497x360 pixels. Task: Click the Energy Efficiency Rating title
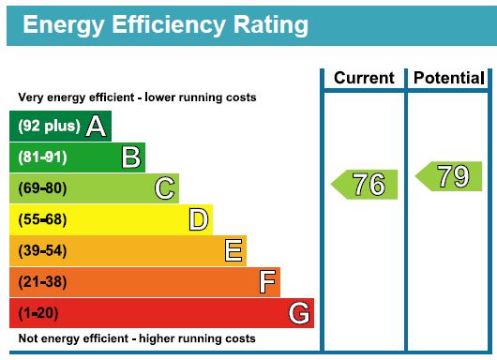coord(165,26)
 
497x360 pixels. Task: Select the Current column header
coord(364,78)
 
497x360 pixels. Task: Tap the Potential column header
coord(449,78)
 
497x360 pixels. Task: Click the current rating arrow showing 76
coord(364,185)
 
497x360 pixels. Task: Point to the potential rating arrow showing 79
coord(449,176)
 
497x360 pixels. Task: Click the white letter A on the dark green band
coord(96,127)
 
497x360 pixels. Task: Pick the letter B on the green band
coord(131,157)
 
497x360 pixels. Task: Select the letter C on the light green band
coord(164,188)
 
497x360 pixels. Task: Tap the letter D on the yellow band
coord(199,219)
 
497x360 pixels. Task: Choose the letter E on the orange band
coord(233,250)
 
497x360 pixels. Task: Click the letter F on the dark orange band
coord(267,282)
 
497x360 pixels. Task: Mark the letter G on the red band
coord(299,313)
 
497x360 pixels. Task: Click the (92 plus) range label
coord(49,127)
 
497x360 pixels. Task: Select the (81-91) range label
coord(42,157)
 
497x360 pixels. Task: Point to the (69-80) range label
coord(42,188)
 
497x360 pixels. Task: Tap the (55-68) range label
coord(42,219)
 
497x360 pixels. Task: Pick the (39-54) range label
coord(42,250)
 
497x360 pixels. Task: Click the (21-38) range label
coord(42,282)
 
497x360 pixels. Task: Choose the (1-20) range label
coord(38,313)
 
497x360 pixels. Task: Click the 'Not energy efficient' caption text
coord(137,338)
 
